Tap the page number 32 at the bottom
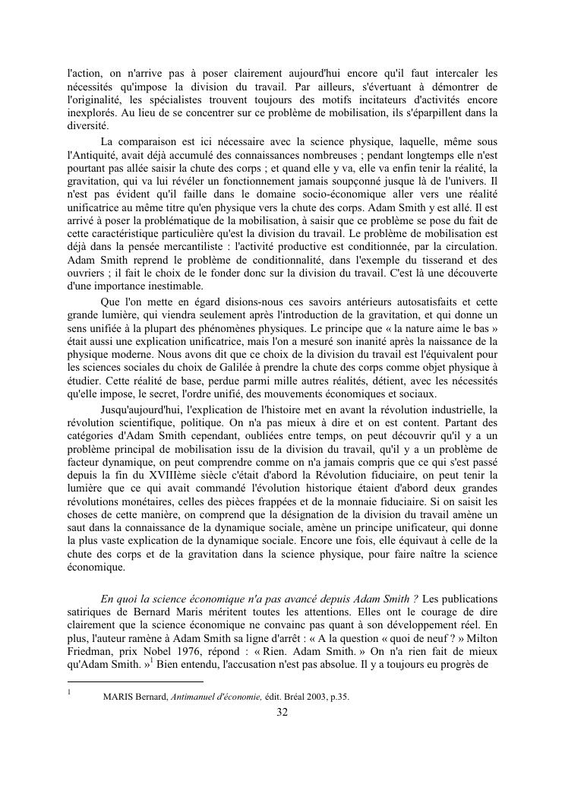coord(282,712)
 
